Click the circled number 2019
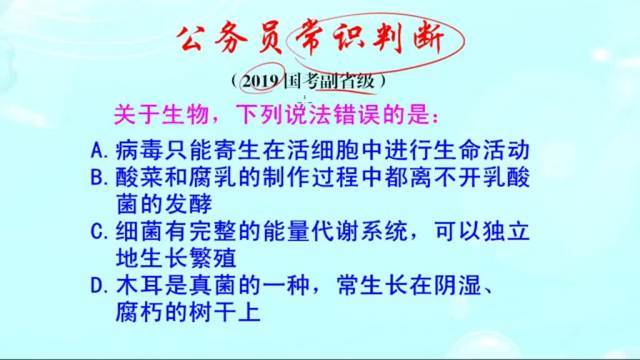(258, 80)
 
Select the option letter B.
(95, 178)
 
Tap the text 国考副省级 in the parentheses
(330, 80)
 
